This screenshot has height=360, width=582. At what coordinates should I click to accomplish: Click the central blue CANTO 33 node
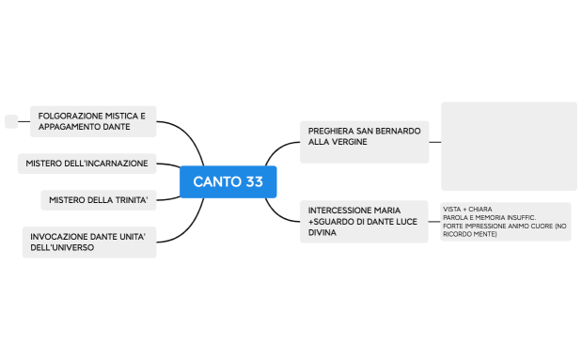tap(228, 181)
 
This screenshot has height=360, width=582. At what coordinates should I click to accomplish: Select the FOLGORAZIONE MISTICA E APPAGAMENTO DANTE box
tap(92, 121)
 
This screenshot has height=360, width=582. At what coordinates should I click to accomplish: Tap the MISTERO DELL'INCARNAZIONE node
tap(87, 164)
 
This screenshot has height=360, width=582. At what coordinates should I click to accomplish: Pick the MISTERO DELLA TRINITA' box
tap(99, 200)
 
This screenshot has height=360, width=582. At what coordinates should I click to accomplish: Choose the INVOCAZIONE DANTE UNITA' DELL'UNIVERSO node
tap(87, 242)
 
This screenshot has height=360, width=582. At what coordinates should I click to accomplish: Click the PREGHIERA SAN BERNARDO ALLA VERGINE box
tap(364, 136)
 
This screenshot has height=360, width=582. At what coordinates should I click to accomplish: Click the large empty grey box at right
tap(509, 147)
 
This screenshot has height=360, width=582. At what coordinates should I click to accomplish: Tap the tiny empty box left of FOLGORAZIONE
tap(11, 120)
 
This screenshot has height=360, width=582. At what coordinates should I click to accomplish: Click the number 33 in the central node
tap(253, 181)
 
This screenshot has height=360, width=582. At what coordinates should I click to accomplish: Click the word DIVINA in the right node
tap(322, 232)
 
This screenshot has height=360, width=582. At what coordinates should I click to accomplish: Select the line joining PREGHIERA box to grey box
tap(434, 142)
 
